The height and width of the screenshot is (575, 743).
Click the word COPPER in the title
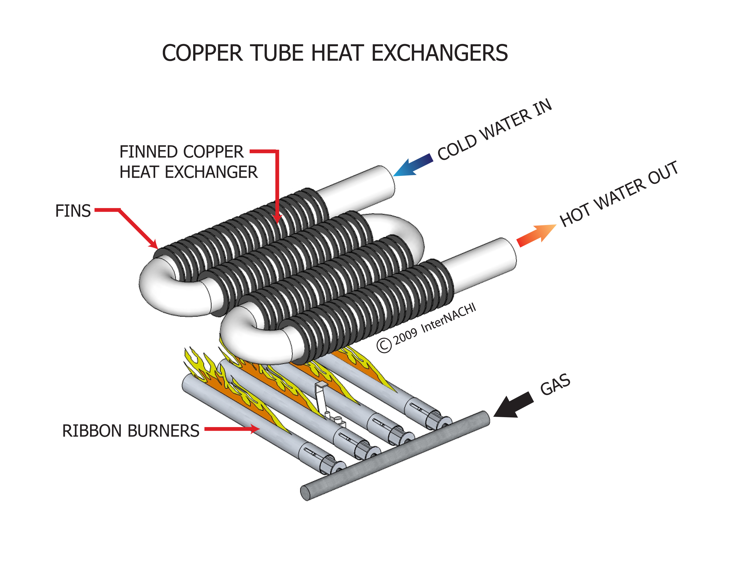click(202, 53)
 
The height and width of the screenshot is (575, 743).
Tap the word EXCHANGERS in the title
click(439, 53)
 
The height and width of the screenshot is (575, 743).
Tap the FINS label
click(73, 211)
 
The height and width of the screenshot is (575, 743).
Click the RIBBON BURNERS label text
click(131, 431)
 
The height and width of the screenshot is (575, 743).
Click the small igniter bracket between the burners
click(322, 395)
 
